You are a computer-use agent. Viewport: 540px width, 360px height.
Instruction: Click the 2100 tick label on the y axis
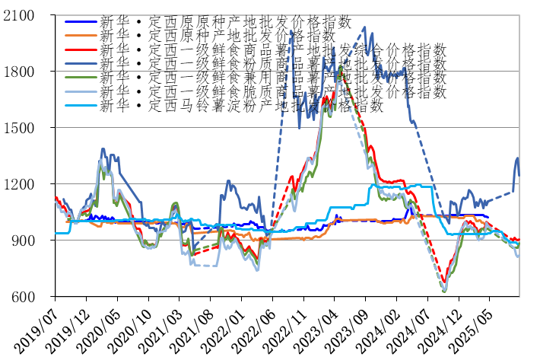tap(28, 15)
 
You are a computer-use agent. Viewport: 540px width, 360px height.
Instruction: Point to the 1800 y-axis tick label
tap(28, 72)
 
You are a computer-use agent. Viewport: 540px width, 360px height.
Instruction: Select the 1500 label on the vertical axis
tap(28, 128)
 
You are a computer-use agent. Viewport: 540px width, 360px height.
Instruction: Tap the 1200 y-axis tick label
tap(28, 184)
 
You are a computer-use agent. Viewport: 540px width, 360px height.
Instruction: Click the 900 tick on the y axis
tap(33, 241)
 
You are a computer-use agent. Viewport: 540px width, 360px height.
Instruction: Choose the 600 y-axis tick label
tap(33, 297)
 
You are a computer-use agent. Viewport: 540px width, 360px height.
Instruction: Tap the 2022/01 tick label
tap(223, 326)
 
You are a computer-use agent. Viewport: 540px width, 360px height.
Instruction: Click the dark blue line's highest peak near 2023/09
tap(365, 27)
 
